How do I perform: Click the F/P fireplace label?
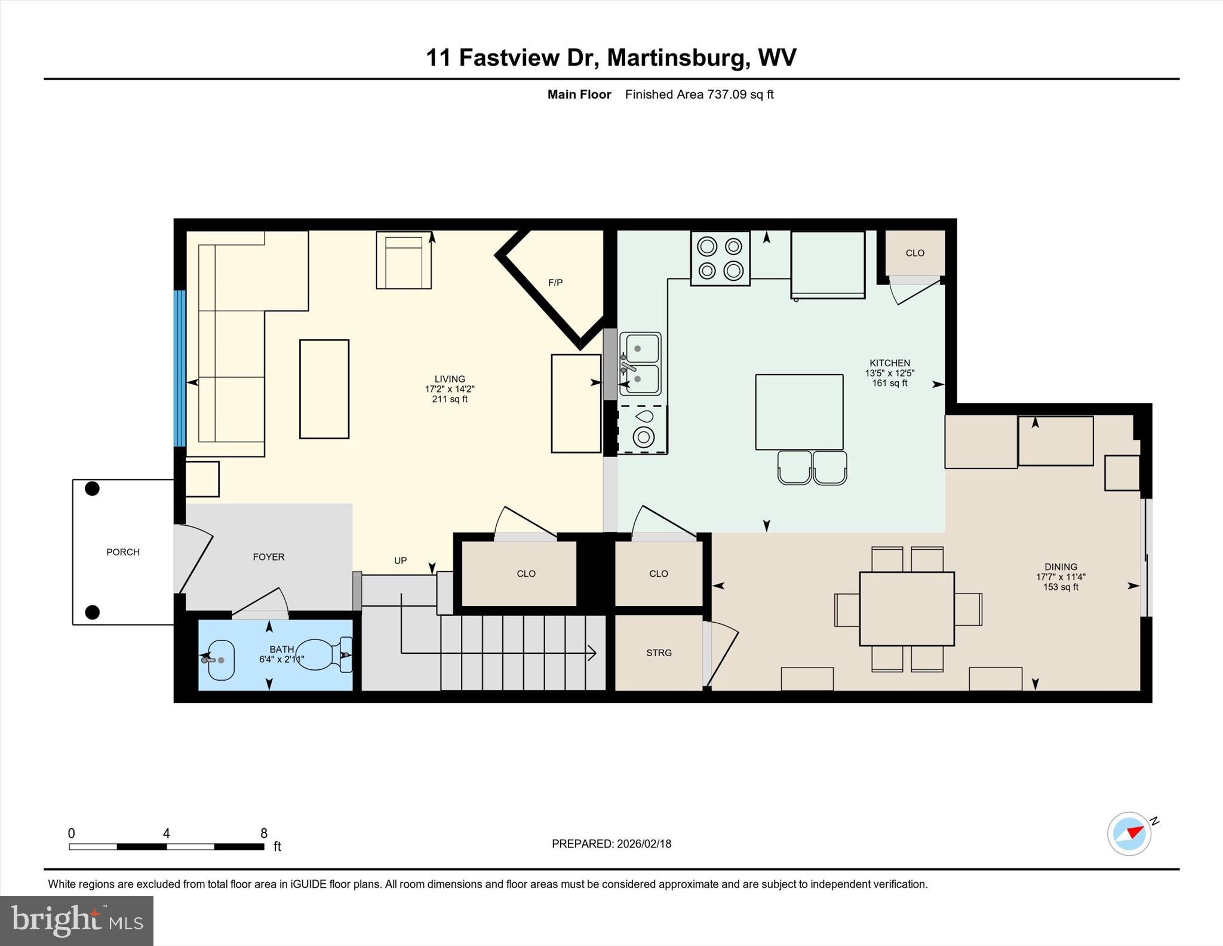click(x=555, y=282)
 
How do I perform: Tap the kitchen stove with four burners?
click(x=720, y=258)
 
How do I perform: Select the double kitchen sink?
click(x=640, y=363)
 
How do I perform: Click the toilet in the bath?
click(x=323, y=655)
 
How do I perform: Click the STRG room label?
click(x=659, y=653)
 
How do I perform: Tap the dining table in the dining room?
click(x=907, y=608)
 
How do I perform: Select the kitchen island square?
click(x=799, y=412)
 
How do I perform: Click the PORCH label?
click(x=123, y=552)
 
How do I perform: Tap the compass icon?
click(x=1129, y=834)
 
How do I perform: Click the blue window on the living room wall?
click(x=179, y=368)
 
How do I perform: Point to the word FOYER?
click(x=269, y=557)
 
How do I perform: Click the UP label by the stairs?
click(x=400, y=561)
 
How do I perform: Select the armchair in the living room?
click(x=404, y=261)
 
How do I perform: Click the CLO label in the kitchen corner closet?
click(x=915, y=253)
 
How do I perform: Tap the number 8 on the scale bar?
click(x=263, y=833)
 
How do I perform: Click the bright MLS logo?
click(x=76, y=920)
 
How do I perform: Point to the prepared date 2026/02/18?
click(x=644, y=844)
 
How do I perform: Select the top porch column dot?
click(x=92, y=488)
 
